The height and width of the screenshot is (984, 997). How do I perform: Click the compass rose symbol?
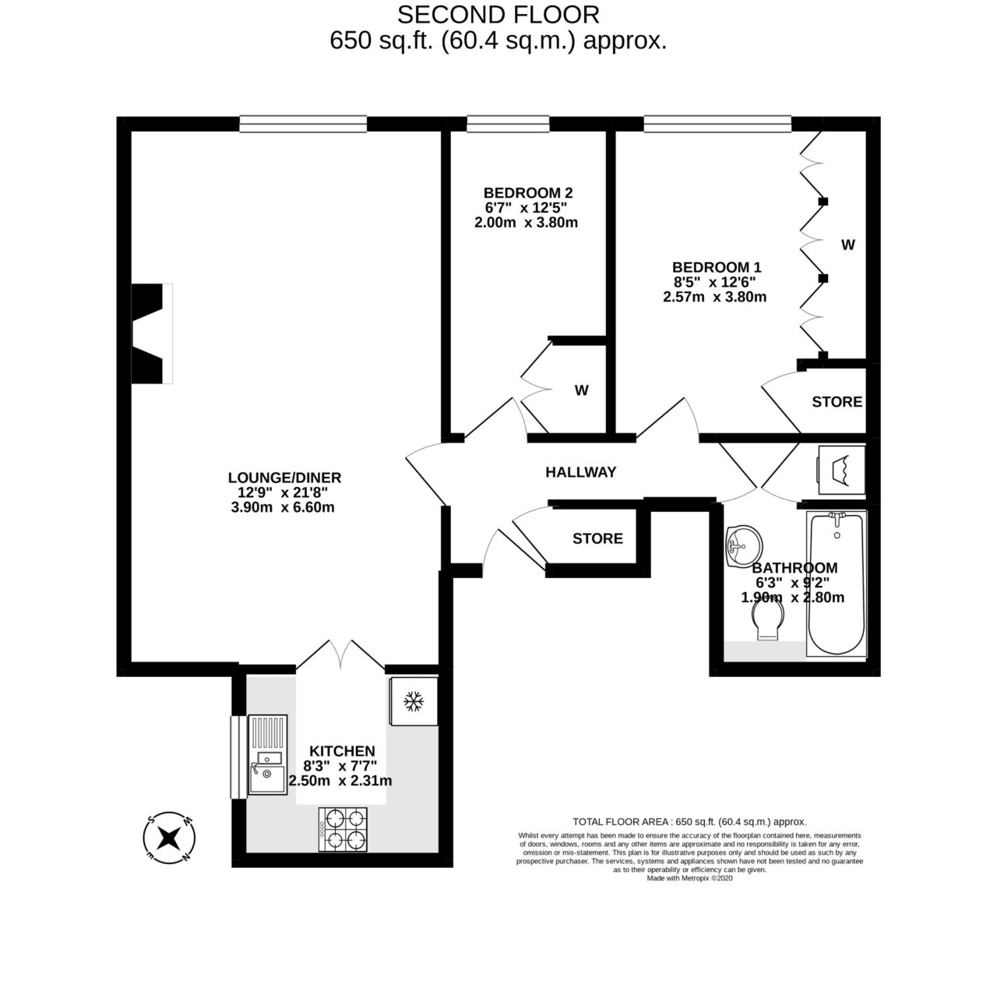(167, 838)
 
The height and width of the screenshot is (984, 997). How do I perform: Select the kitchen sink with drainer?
(267, 755)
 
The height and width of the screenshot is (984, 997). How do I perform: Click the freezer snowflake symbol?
(412, 703)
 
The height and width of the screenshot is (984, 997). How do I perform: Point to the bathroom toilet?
(767, 623)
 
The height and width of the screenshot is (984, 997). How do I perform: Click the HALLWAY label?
(580, 472)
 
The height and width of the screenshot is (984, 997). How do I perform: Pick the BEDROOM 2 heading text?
(528, 192)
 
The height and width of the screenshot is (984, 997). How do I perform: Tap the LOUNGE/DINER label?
(284, 478)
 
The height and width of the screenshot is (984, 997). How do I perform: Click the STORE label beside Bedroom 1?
(837, 402)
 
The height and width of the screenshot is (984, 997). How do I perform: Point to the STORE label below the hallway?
(597, 538)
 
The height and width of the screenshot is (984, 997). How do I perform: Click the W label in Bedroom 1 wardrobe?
(847, 245)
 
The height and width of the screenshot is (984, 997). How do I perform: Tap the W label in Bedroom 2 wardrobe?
(581, 390)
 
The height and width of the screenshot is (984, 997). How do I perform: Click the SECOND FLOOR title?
(498, 14)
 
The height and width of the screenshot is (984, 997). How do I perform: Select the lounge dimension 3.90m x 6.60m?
(284, 507)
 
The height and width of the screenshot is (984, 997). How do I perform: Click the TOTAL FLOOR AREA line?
(689, 821)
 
